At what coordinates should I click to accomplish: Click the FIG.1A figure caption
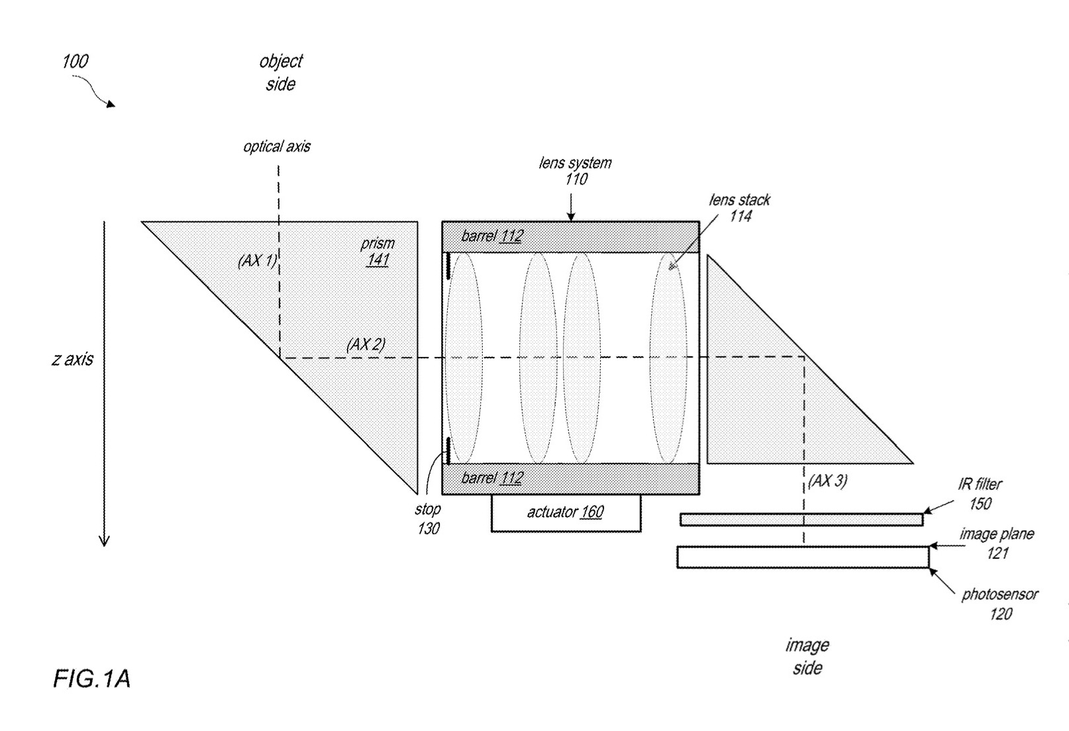91,679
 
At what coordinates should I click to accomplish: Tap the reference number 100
75,62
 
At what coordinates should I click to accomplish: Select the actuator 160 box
566,512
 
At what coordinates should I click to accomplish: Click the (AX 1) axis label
257,261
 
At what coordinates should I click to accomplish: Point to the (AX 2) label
366,344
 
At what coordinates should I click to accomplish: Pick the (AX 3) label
828,481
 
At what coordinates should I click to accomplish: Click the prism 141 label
378,252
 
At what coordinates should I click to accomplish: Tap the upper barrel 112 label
492,236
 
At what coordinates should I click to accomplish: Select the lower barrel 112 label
492,478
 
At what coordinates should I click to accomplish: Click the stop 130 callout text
428,518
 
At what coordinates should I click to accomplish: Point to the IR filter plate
801,520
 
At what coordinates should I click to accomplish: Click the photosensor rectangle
802,557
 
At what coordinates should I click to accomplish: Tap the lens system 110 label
575,171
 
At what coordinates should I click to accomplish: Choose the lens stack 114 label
740,208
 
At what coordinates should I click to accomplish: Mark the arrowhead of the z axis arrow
104,541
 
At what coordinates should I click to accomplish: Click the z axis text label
73,360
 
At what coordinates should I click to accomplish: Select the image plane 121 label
996,543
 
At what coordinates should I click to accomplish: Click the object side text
281,73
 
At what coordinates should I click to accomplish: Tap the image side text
807,656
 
